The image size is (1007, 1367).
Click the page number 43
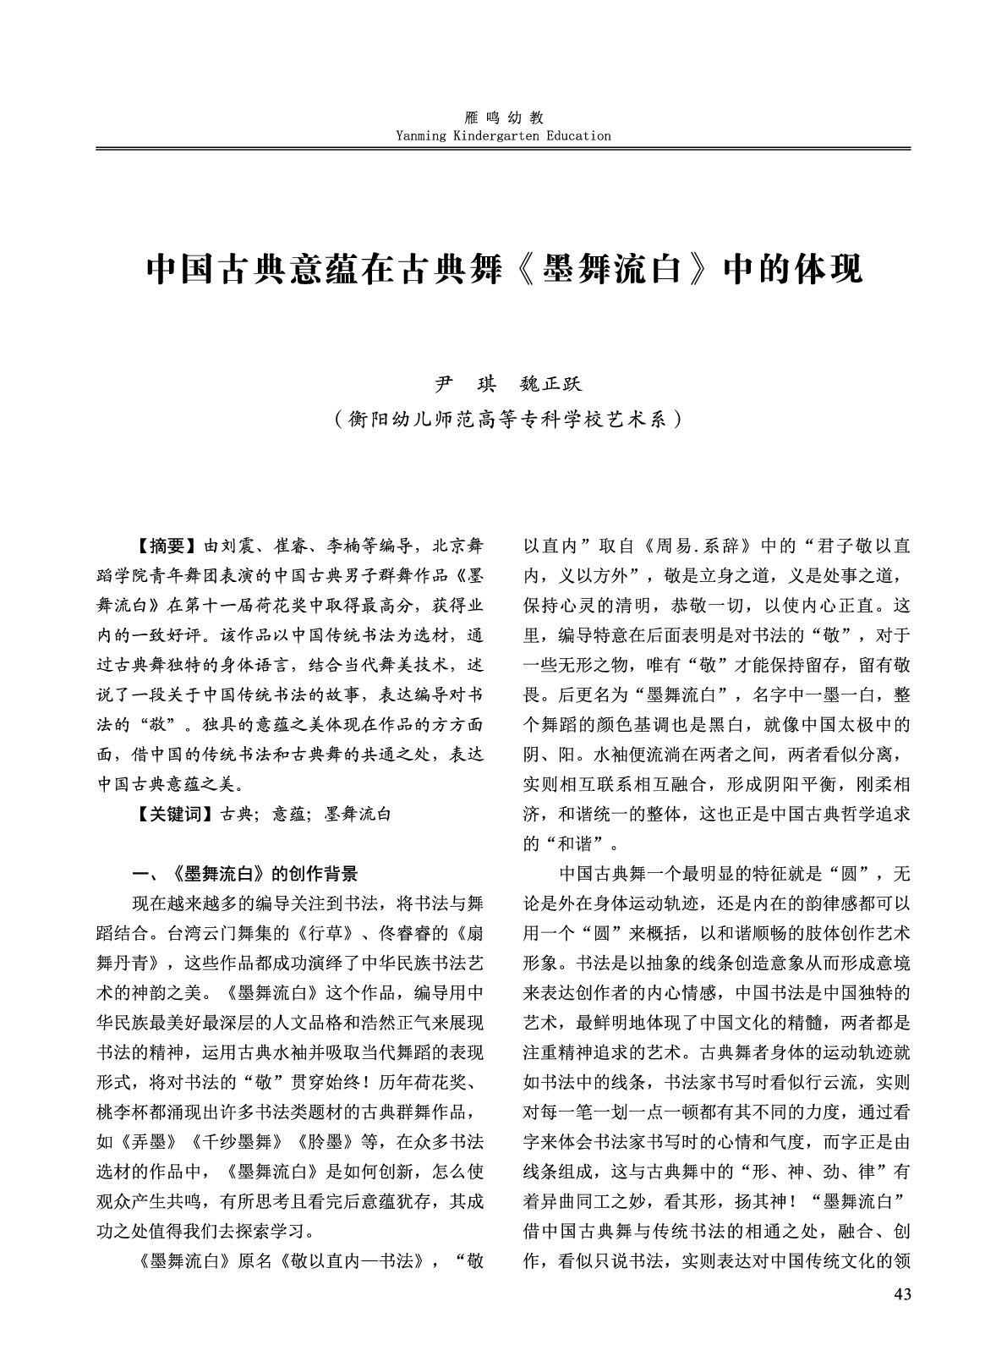point(901,1295)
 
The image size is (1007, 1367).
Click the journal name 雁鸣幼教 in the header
point(503,118)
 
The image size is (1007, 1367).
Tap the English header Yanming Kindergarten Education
point(503,135)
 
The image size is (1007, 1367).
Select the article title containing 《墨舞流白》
point(504,269)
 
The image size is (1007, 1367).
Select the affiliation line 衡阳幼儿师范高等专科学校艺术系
point(504,418)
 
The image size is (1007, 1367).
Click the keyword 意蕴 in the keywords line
point(287,815)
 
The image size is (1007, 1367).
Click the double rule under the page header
point(503,149)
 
